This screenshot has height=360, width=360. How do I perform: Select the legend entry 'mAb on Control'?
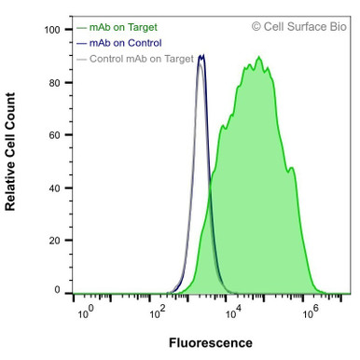click(125, 43)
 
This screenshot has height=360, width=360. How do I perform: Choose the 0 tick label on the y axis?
click(57, 291)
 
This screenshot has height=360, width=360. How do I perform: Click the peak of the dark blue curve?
click(201, 56)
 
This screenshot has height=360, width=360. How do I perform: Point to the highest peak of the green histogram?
click(259, 58)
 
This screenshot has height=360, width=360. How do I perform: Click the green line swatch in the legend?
click(81, 28)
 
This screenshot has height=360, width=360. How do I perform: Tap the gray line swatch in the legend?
click(81, 59)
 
